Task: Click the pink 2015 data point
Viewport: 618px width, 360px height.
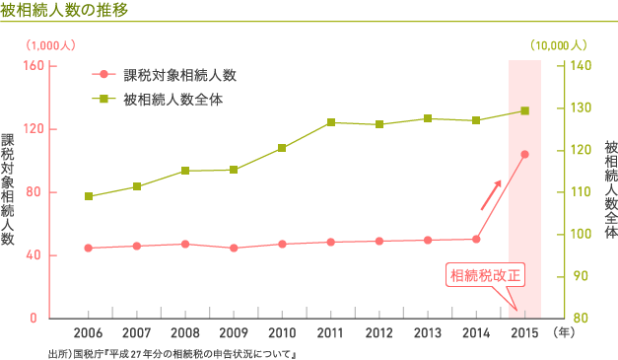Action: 524,154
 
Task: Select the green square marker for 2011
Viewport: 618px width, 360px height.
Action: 331,122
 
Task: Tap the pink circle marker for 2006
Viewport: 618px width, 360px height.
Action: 89,248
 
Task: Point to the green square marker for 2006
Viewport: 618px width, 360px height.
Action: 89,196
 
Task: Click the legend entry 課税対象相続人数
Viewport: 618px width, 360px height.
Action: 179,75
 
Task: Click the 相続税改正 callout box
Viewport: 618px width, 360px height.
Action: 485,274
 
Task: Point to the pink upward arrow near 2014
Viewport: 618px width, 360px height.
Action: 491,195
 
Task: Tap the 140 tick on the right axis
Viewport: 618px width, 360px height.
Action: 581,65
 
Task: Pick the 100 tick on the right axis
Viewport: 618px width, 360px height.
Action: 581,235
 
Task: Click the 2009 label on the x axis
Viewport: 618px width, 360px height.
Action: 234,333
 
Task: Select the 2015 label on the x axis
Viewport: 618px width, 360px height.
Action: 524,333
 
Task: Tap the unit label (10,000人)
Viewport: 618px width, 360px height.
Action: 559,44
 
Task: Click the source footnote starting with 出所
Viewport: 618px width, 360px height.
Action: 172,352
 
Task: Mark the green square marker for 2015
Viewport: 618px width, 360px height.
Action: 524,110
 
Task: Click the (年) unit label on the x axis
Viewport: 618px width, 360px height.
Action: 567,333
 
